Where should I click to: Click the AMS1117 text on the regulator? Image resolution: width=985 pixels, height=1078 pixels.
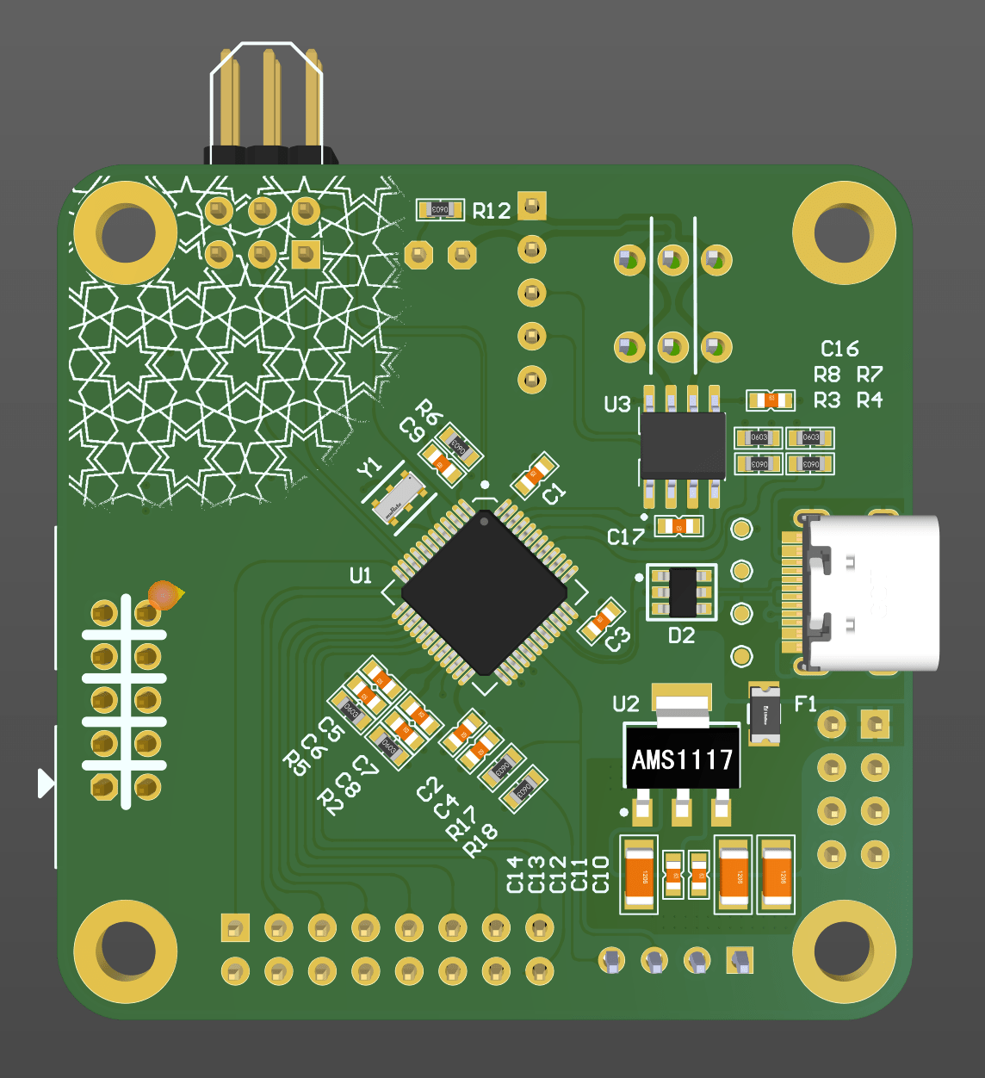tap(682, 759)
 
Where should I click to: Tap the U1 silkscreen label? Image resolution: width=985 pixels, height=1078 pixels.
tap(361, 575)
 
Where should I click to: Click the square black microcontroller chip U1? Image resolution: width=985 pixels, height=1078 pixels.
tap(484, 592)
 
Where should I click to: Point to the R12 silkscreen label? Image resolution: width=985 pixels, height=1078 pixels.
tap(492, 211)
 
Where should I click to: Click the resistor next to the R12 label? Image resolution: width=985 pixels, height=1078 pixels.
tap(440, 209)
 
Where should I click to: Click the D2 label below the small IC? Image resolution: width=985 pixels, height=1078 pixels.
tap(681, 636)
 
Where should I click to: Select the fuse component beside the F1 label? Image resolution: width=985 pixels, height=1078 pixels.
tap(765, 715)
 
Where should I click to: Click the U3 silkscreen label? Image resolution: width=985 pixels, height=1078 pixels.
tap(617, 405)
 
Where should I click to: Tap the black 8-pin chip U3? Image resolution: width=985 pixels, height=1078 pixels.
tap(683, 445)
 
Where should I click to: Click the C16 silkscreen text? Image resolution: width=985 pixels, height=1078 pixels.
tap(839, 349)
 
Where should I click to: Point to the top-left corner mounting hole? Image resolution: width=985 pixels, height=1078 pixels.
tap(126, 232)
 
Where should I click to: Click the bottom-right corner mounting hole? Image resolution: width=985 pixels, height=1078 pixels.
tap(843, 951)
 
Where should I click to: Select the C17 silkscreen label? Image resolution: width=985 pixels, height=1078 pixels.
tap(625, 537)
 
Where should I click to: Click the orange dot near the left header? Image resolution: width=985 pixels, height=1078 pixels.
tap(163, 595)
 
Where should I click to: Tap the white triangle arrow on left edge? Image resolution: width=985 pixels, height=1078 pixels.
tap(46, 784)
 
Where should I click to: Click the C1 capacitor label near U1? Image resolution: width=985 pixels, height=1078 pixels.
tap(554, 493)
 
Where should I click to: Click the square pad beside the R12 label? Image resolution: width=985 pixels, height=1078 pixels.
tap(532, 207)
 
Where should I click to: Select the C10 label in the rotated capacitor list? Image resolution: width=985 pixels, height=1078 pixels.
tap(601, 874)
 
